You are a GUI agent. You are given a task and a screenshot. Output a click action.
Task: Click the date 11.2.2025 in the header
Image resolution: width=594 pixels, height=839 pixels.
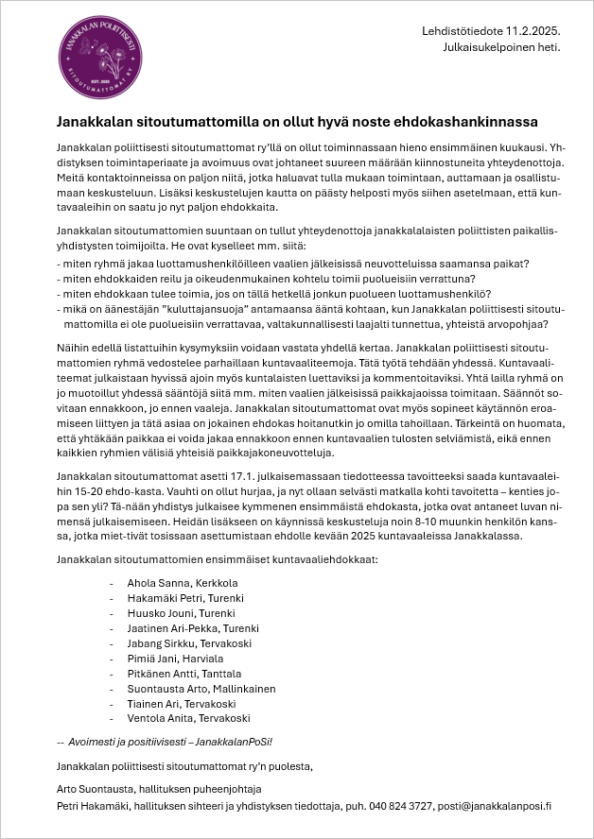532,32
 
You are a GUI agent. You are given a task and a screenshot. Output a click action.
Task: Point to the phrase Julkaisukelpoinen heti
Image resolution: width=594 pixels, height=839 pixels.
501,46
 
